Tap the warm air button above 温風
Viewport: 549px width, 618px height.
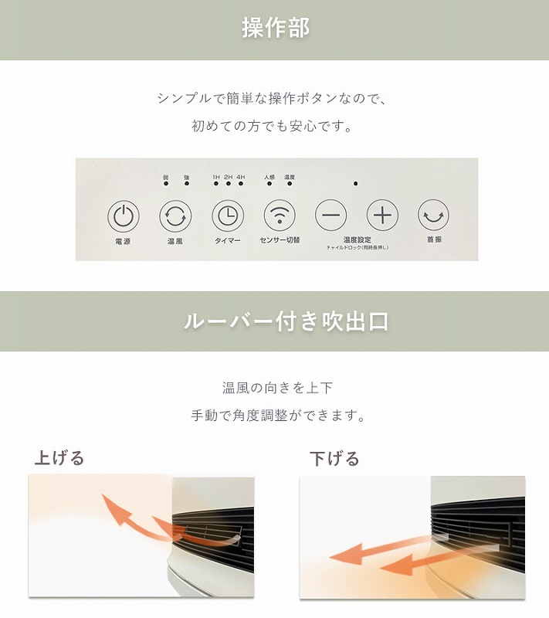click(175, 216)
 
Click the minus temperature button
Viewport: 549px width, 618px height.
click(330, 215)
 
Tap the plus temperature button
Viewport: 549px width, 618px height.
click(382, 215)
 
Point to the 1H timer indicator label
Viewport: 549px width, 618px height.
click(216, 177)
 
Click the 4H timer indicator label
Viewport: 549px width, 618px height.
click(241, 177)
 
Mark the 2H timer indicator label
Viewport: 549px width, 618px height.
click(229, 177)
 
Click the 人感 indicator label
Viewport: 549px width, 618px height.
click(269, 177)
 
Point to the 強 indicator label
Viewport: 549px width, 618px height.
click(186, 177)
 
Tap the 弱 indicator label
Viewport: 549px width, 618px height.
click(165, 177)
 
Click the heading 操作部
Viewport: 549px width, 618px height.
click(275, 29)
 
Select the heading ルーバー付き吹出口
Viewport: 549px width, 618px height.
click(286, 321)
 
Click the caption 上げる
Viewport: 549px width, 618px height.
click(59, 458)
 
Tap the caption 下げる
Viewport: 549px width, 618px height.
click(334, 459)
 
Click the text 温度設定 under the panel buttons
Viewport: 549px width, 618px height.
click(357, 239)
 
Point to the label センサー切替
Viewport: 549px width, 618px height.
click(280, 240)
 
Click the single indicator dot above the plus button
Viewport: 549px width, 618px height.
click(356, 184)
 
